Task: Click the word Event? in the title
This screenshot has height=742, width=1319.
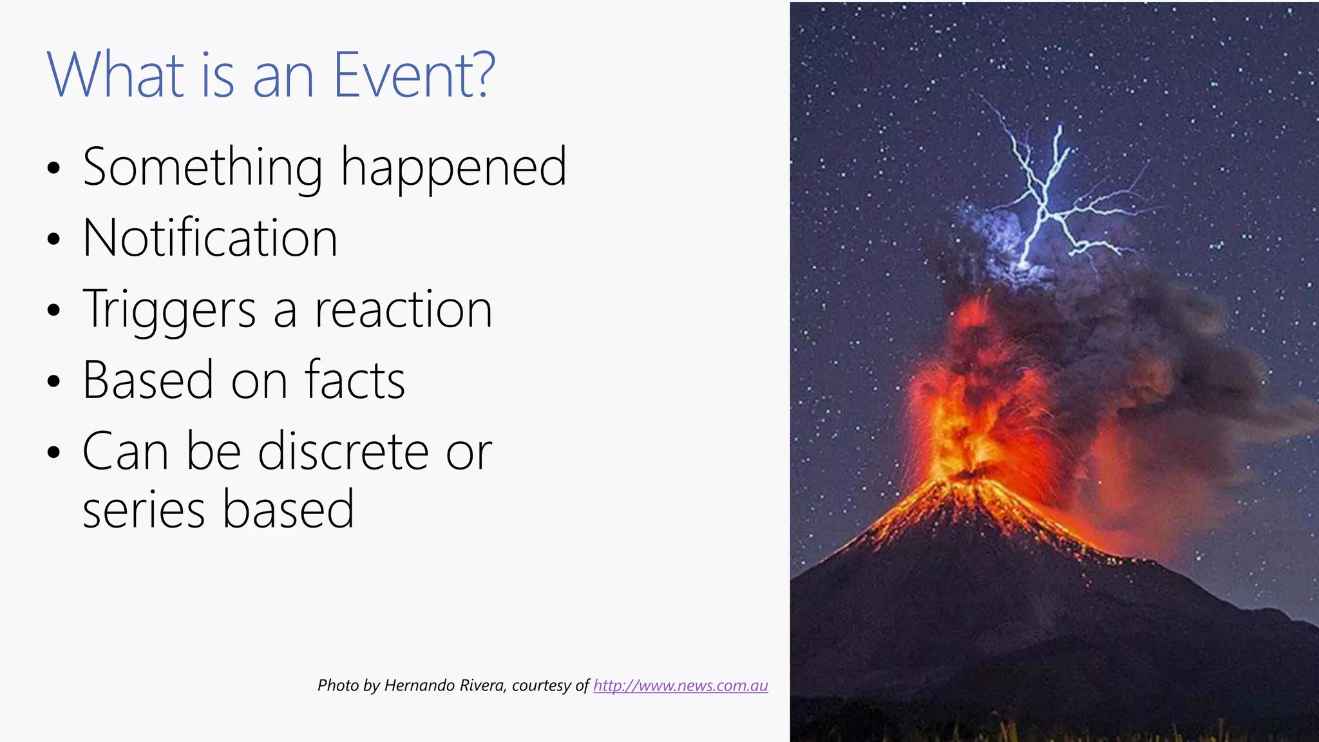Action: coord(414,75)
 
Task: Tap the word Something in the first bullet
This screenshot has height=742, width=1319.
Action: coord(202,167)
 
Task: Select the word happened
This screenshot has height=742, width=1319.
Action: coord(453,167)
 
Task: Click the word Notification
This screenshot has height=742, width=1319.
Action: coord(210,238)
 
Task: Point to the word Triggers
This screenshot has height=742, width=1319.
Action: coord(169,310)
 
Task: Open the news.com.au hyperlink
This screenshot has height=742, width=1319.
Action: coord(680,685)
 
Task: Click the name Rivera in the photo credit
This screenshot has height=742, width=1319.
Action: coord(482,685)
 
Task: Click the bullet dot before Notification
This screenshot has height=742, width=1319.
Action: coord(53,240)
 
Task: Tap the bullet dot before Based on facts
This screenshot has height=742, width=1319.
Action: coord(53,381)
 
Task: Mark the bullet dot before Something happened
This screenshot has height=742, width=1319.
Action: coord(53,169)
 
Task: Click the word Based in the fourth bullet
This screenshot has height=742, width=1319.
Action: coord(148,380)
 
